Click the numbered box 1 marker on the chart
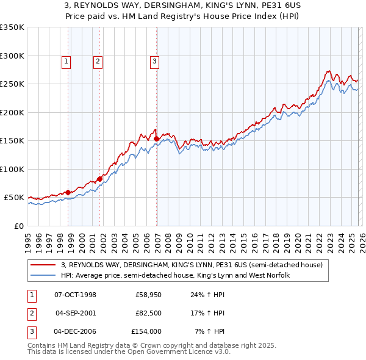point(66,60)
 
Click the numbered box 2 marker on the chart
point(98,60)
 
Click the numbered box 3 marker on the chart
point(154,60)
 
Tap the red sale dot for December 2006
point(156,139)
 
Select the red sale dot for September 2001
point(100,179)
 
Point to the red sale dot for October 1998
point(68,192)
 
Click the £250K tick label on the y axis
point(12,84)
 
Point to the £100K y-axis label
point(12,169)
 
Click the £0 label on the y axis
point(18,226)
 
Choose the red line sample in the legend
point(43,265)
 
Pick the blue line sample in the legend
point(43,275)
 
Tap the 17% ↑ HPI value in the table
point(209,313)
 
